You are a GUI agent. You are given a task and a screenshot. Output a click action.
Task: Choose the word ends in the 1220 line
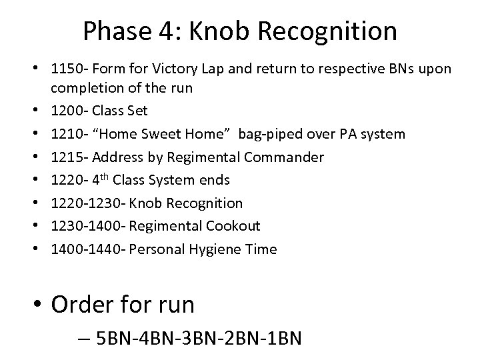(x=215, y=180)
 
